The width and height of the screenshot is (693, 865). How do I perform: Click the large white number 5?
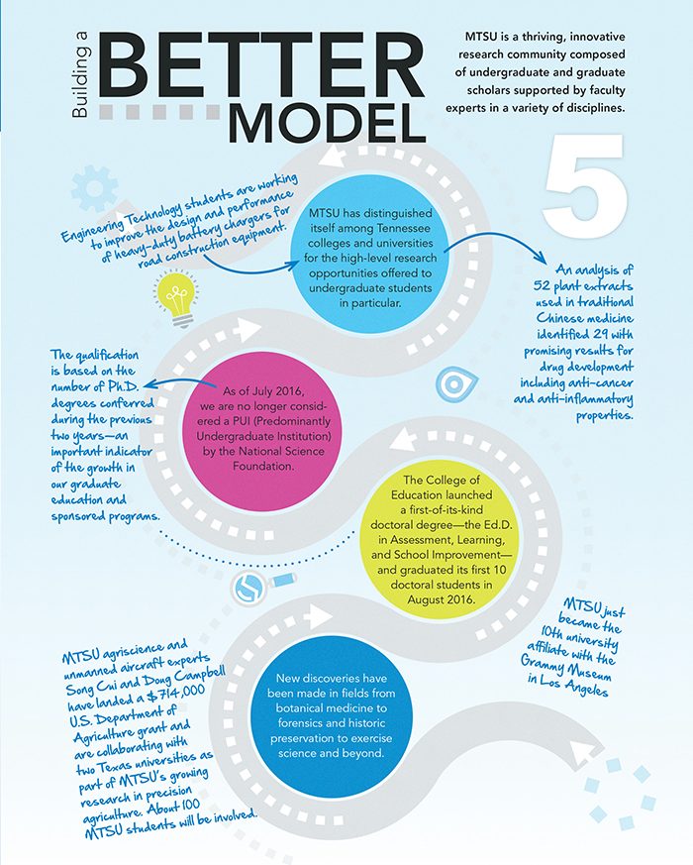[585, 186]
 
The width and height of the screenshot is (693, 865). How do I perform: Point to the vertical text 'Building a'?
[80, 83]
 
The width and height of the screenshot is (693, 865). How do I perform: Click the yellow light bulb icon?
[176, 300]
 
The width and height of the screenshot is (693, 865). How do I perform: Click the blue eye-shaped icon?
[455, 384]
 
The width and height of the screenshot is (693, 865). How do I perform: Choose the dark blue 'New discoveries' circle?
[331, 715]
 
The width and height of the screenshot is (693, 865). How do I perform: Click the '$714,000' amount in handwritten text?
[176, 695]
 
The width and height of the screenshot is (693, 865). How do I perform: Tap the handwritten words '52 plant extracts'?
[583, 285]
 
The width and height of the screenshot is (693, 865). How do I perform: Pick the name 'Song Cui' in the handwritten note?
[89, 688]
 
